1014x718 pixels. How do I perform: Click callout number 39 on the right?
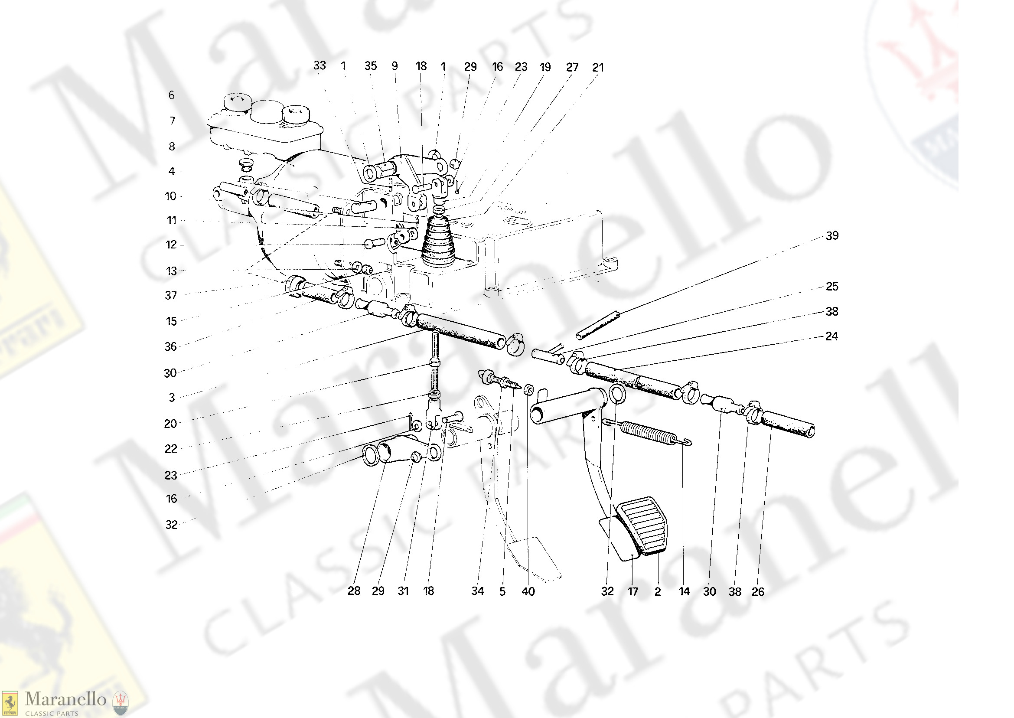click(832, 236)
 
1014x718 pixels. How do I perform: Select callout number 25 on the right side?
click(832, 287)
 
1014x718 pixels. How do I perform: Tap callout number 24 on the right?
click(831, 336)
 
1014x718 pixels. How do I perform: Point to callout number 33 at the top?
click(320, 65)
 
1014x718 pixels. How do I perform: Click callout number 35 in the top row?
click(370, 66)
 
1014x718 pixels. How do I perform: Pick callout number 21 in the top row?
click(598, 67)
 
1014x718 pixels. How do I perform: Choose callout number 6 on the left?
click(172, 95)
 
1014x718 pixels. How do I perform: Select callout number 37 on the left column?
click(171, 295)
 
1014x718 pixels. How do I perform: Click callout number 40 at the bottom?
click(528, 591)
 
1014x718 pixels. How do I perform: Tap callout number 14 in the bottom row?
click(684, 591)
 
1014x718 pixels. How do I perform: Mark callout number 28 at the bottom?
click(354, 591)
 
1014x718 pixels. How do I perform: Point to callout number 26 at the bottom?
click(758, 591)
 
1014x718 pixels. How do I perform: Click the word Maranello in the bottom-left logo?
click(65, 699)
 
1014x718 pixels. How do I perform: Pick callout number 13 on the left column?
click(172, 271)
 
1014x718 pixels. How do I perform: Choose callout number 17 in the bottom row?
click(633, 591)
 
